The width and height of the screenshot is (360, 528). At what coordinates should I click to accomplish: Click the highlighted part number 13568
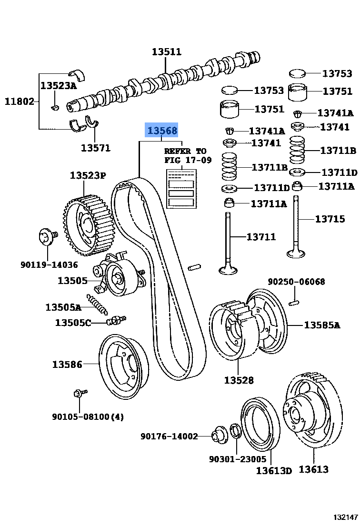tap(162, 131)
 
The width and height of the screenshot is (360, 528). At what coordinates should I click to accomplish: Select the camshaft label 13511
tap(167, 52)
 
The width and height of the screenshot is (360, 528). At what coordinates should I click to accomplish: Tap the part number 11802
tap(20, 101)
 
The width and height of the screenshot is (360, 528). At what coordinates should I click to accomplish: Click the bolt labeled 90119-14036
tap(47, 237)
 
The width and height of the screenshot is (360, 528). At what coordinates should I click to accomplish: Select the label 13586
tap(67, 365)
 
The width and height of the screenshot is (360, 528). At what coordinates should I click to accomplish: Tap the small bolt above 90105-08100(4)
tap(79, 393)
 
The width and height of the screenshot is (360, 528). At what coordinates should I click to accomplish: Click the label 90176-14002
tap(169, 436)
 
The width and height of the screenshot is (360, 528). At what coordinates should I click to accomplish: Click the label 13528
tap(239, 380)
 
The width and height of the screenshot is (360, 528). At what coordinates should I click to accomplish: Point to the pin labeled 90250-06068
tap(295, 302)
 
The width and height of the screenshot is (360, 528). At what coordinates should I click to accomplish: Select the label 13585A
tap(322, 325)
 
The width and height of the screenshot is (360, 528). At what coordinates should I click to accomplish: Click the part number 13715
tap(330, 219)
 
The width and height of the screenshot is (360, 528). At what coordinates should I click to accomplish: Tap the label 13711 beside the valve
tap(261, 236)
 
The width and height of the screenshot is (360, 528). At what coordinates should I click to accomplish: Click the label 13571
tap(95, 148)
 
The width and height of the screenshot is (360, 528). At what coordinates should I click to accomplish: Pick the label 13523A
tap(58, 86)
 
